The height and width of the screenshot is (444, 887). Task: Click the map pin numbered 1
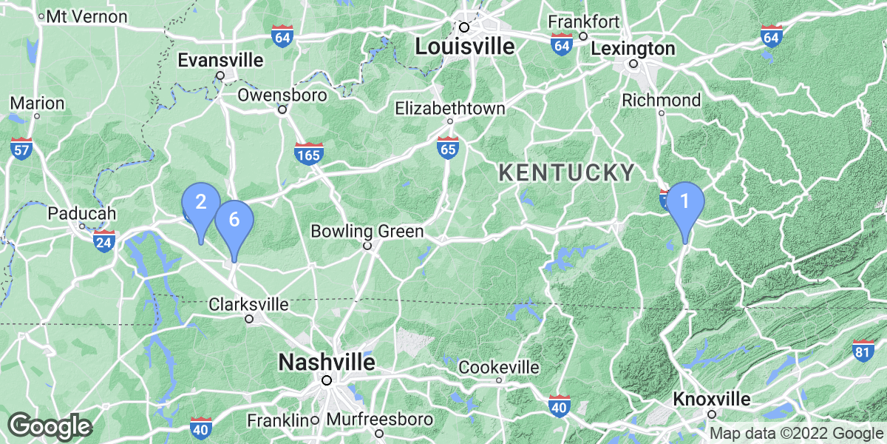coord(684,202)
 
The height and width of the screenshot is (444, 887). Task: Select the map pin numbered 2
coord(200,202)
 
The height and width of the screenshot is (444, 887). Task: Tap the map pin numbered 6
coord(234,221)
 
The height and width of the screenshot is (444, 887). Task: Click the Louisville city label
coord(464,47)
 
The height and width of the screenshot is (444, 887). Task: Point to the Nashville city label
coord(326,363)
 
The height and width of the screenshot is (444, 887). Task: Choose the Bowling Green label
coord(367,232)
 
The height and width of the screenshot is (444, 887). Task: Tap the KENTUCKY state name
coord(567,173)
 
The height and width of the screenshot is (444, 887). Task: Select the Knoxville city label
coord(712,400)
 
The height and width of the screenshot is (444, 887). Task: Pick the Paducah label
coord(82,214)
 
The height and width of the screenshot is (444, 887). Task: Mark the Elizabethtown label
coord(449,109)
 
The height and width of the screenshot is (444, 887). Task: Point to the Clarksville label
coord(248,304)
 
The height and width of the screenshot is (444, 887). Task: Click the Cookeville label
coord(499,368)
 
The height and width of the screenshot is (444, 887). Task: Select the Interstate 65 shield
coord(446,147)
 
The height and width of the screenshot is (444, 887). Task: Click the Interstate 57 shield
coord(21,149)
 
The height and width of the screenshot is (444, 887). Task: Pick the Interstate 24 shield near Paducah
coord(104,240)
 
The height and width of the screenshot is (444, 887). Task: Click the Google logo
coord(50,426)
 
